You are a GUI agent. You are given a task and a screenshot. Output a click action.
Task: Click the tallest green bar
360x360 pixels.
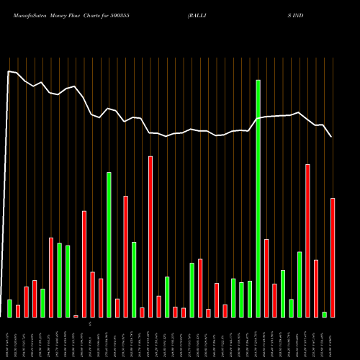point(258,198)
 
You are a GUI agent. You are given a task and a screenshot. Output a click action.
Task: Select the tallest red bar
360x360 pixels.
point(150,236)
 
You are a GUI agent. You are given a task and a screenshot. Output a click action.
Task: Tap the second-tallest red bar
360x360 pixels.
point(307,240)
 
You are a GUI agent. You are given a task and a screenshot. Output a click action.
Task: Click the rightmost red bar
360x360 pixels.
point(333,257)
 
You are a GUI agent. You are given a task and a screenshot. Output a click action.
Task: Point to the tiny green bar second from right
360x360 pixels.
point(324,314)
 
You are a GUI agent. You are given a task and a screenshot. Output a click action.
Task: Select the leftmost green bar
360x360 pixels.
point(9,308)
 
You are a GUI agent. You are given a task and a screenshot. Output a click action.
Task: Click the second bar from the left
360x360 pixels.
point(18,311)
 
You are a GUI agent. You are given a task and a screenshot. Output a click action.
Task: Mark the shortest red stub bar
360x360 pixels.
point(76,316)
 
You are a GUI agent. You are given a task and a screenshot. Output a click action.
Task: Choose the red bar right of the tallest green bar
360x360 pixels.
point(266,278)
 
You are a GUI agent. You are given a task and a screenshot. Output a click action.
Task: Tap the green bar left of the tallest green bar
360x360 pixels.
point(250,299)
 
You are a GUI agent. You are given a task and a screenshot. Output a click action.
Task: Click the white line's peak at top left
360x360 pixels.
point(9,71)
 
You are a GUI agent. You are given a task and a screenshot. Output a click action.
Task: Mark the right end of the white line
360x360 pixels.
point(331,136)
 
